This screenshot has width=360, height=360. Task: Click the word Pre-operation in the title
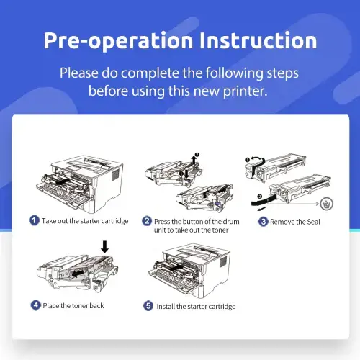point(118,41)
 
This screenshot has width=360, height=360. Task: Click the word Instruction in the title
point(258,40)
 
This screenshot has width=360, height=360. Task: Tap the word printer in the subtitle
point(245,91)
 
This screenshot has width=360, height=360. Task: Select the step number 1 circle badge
point(34,220)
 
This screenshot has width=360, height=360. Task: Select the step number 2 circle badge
point(147,221)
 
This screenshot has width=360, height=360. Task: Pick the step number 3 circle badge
point(263,222)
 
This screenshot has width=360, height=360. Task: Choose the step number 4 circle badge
point(36,305)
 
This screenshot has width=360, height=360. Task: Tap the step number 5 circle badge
point(148,306)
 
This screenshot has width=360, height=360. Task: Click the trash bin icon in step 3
point(327,204)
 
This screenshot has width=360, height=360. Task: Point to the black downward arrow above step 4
point(104,247)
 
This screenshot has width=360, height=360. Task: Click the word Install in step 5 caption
point(166,307)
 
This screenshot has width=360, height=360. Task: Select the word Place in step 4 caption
point(51,305)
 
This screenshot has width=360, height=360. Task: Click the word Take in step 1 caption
point(49,221)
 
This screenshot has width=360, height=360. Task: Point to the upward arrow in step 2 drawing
point(194,160)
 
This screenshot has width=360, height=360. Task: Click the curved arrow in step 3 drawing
point(258,159)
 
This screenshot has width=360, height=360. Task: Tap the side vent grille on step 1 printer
point(116,175)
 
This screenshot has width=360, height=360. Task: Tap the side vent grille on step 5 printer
point(223,261)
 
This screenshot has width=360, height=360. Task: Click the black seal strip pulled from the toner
point(263,200)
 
